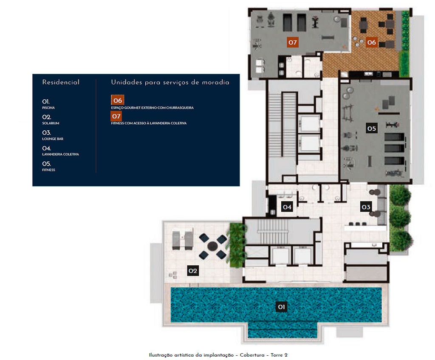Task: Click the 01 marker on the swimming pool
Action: [281, 307]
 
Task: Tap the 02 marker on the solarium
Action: [193, 271]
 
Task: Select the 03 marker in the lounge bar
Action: [366, 207]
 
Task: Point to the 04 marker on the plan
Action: [287, 207]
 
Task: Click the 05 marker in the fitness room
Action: [372, 128]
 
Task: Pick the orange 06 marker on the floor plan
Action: [372, 42]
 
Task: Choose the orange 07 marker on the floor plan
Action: [292, 42]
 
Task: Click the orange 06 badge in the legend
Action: [117, 100]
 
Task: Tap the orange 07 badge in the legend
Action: [116, 115]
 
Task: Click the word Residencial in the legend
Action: [61, 82]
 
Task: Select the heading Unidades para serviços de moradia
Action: [170, 82]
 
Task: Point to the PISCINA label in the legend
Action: [48, 108]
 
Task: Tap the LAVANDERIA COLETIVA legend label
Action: [60, 155]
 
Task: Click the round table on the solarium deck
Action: [212, 246]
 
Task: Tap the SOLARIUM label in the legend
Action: [51, 123]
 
